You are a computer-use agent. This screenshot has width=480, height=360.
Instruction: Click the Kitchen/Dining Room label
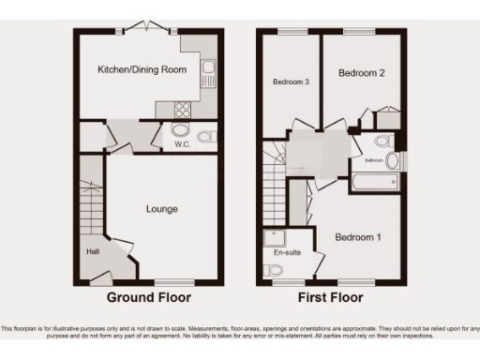point(142,69)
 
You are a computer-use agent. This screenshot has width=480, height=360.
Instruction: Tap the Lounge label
point(161,209)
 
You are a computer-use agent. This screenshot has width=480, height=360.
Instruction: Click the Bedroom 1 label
point(358,237)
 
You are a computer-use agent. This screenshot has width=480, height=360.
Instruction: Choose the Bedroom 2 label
point(361,72)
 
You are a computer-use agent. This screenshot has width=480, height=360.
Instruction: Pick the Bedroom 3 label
point(291,82)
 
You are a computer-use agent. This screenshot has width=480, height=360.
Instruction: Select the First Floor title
point(332,298)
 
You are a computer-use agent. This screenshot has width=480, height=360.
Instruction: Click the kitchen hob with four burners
point(180,110)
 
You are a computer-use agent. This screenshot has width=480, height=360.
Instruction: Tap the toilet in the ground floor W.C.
point(206,137)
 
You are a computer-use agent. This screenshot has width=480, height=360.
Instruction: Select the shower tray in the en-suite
point(274,238)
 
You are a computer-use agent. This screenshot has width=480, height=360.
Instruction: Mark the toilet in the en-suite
point(273,270)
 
